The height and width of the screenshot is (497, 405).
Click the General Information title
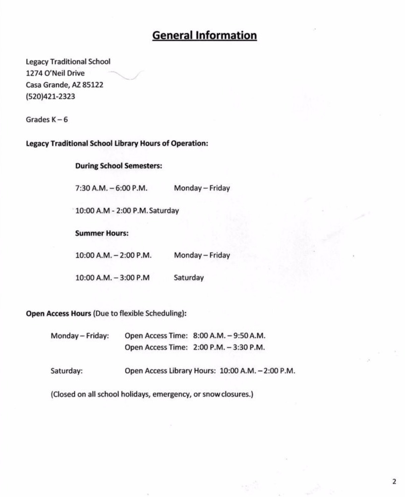[204, 36]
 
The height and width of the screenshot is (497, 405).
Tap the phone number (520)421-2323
[51, 97]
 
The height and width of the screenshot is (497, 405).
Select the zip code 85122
[93, 85]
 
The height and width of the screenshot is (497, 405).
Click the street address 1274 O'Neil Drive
[55, 73]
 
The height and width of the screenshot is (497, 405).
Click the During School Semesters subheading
[118, 166]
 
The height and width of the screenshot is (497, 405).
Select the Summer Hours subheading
[102, 233]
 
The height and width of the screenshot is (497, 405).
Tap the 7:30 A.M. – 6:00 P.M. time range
[112, 188]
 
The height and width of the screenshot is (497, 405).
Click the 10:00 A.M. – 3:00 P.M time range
[113, 278]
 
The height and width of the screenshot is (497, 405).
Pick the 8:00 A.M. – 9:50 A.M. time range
[229, 336]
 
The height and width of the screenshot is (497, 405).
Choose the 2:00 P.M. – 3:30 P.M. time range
[229, 347]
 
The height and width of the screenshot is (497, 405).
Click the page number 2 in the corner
[394, 481]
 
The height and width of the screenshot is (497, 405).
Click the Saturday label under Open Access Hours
[66, 370]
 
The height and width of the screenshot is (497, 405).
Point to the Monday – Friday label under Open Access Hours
[79, 336]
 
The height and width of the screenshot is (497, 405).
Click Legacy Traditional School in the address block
[68, 62]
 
